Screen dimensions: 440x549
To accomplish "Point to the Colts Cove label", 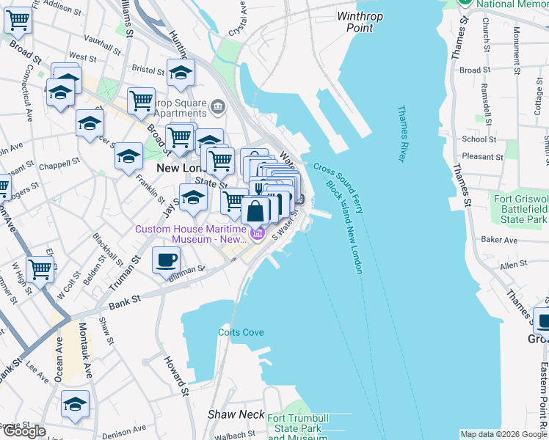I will click(240, 332).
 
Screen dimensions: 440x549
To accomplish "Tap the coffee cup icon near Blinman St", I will click(166, 260).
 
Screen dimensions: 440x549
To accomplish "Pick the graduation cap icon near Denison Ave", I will click(75, 403).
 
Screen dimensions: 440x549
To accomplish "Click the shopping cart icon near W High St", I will click(40, 268).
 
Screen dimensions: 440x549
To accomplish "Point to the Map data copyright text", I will click(503, 434).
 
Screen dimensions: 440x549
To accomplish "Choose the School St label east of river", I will click(479, 139).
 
